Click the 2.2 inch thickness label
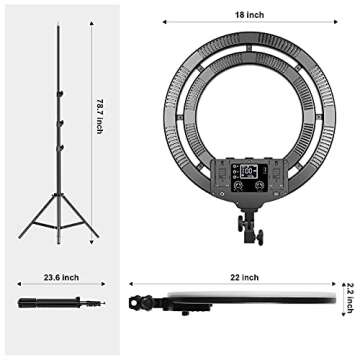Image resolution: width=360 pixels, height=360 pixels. click(x=349, y=297)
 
